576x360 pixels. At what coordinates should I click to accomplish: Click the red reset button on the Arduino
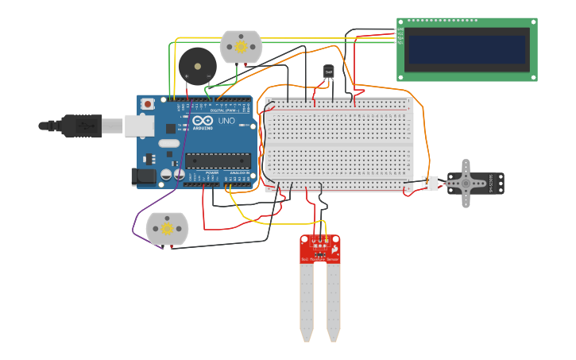148,104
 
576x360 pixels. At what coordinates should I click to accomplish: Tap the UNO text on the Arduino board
226,121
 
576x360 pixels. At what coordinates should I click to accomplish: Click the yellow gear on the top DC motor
241,47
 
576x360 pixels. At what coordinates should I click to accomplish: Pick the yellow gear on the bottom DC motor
167,229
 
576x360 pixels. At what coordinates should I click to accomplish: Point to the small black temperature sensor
329,72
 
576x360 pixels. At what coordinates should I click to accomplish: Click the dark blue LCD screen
466,50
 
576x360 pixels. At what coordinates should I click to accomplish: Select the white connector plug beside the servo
430,184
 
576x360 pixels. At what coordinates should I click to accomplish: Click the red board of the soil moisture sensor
320,249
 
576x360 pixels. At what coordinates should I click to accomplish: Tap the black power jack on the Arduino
144,176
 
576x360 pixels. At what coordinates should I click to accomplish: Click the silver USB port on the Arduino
139,125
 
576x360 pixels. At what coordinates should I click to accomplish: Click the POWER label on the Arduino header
212,172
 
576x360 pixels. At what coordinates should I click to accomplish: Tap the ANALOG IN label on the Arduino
238,172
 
